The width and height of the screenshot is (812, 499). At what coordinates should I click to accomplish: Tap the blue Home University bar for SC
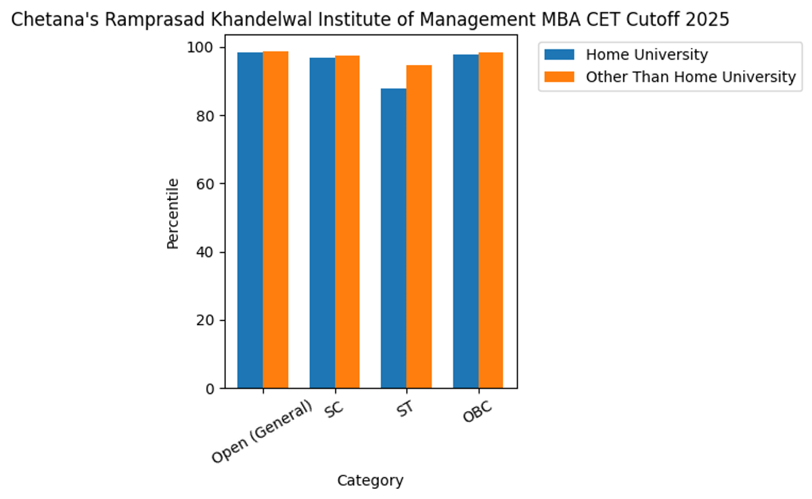[x=322, y=223]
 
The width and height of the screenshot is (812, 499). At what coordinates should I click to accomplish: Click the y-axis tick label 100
[x=201, y=47]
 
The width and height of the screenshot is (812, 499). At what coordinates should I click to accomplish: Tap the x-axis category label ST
[x=405, y=410]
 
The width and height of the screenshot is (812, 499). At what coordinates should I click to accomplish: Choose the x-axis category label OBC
[x=477, y=413]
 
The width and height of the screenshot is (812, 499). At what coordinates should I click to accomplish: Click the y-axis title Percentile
[x=173, y=213]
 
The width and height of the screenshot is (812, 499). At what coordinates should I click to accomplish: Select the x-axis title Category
[x=370, y=481]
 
